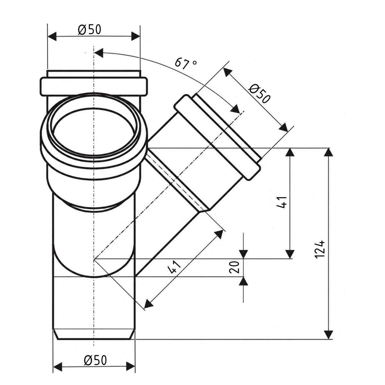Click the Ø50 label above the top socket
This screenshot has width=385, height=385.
pos(90,30)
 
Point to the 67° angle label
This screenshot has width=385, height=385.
pos(186,64)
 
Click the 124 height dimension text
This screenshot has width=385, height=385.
pos(320,250)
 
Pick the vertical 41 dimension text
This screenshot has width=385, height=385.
pos(282,202)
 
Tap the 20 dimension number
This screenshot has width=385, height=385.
pos(234,267)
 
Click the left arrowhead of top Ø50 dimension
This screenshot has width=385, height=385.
pos(52,36)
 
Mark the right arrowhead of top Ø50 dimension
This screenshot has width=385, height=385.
pos(136,36)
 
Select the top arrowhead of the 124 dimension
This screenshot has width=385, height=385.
pos(328,152)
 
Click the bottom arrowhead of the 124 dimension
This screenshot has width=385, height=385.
pos(328,335)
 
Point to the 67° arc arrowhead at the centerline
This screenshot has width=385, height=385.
pos(99,53)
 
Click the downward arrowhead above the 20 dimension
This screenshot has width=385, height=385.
pos(243,254)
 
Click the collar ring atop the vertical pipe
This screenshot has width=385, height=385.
pos(94,86)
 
